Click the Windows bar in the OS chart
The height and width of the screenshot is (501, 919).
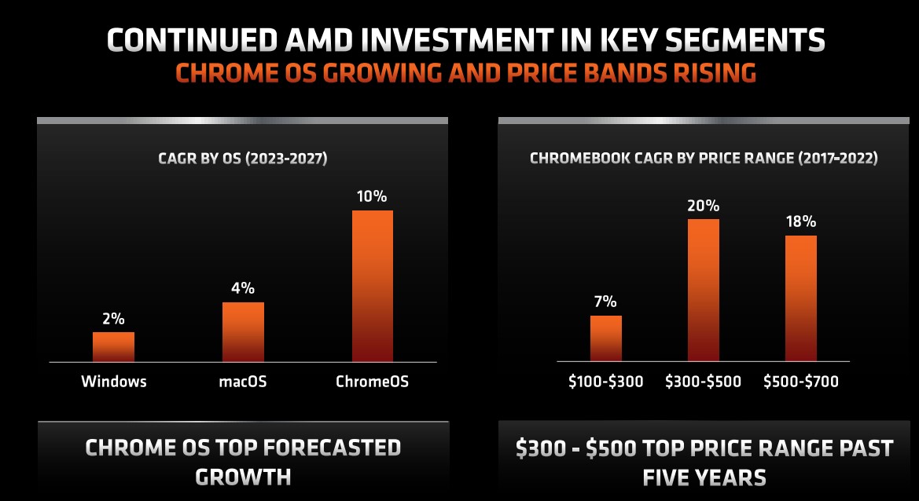(x=113, y=346)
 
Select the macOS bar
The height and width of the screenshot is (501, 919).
(x=243, y=331)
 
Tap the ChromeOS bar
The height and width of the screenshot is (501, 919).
(x=372, y=286)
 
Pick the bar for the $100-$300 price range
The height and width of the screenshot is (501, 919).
(x=605, y=338)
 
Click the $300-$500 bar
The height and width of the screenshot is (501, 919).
(x=703, y=290)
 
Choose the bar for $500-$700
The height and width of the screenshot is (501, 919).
(x=801, y=298)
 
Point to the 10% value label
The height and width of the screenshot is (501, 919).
(x=372, y=196)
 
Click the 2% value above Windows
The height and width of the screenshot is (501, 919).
(x=113, y=319)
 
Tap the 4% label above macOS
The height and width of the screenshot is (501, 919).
(x=243, y=288)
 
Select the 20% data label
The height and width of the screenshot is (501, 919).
(x=703, y=206)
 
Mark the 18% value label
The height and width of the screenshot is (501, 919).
(x=801, y=222)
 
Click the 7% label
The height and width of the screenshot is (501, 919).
(x=605, y=302)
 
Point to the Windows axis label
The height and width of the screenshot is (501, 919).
(x=113, y=382)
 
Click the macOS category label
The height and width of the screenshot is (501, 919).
(x=243, y=382)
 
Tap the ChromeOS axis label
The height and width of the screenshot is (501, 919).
(x=372, y=382)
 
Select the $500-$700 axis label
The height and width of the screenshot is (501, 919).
(x=801, y=382)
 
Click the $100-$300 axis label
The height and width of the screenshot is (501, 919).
(x=605, y=382)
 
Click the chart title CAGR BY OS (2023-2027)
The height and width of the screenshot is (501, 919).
(x=243, y=159)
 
